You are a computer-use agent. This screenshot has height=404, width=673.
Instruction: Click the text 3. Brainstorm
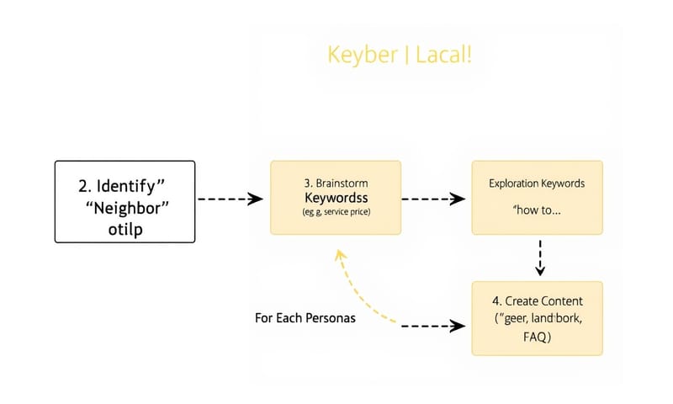tap(336, 182)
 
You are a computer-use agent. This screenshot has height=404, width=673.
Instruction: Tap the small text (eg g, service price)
tap(336, 211)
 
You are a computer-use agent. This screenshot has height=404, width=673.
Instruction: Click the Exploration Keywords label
tap(537, 183)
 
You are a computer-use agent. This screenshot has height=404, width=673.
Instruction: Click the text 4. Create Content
tap(537, 300)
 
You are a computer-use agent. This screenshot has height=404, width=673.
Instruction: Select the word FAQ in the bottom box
tap(537, 337)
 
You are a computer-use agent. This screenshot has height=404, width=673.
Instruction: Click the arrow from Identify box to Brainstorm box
tap(230, 199)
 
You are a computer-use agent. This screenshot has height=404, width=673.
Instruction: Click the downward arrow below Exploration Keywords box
tap(540, 257)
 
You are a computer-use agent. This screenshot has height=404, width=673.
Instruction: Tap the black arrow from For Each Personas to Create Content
tap(434, 325)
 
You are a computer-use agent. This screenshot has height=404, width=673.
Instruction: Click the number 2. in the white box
tap(83, 183)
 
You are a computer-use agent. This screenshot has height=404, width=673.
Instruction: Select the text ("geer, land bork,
tap(537, 319)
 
